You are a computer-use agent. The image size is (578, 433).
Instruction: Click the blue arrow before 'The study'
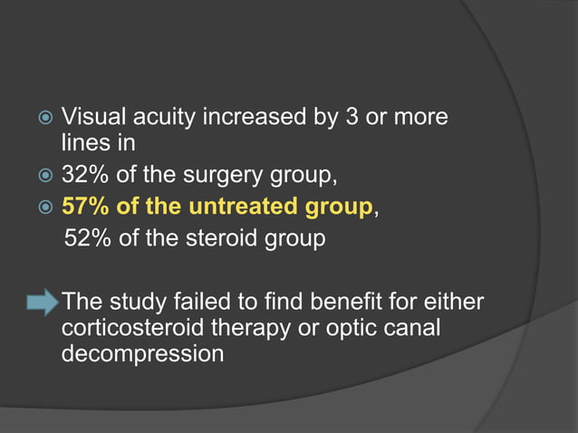(41, 302)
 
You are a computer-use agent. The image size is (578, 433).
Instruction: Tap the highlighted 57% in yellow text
(85, 208)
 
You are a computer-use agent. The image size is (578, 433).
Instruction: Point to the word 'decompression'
(142, 353)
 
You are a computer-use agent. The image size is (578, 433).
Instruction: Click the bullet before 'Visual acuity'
(41, 119)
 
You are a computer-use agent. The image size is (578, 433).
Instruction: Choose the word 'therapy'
(256, 327)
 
